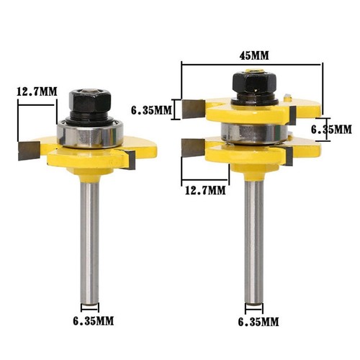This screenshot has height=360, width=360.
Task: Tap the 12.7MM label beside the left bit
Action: [35, 91]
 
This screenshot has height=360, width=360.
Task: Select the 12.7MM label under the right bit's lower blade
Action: [205, 191]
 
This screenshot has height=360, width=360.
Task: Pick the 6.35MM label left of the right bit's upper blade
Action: [152, 110]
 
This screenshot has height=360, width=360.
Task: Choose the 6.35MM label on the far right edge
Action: [331, 129]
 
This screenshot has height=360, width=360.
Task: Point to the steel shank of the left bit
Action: [89, 238]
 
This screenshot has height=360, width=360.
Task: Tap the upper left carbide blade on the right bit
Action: [194, 109]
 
